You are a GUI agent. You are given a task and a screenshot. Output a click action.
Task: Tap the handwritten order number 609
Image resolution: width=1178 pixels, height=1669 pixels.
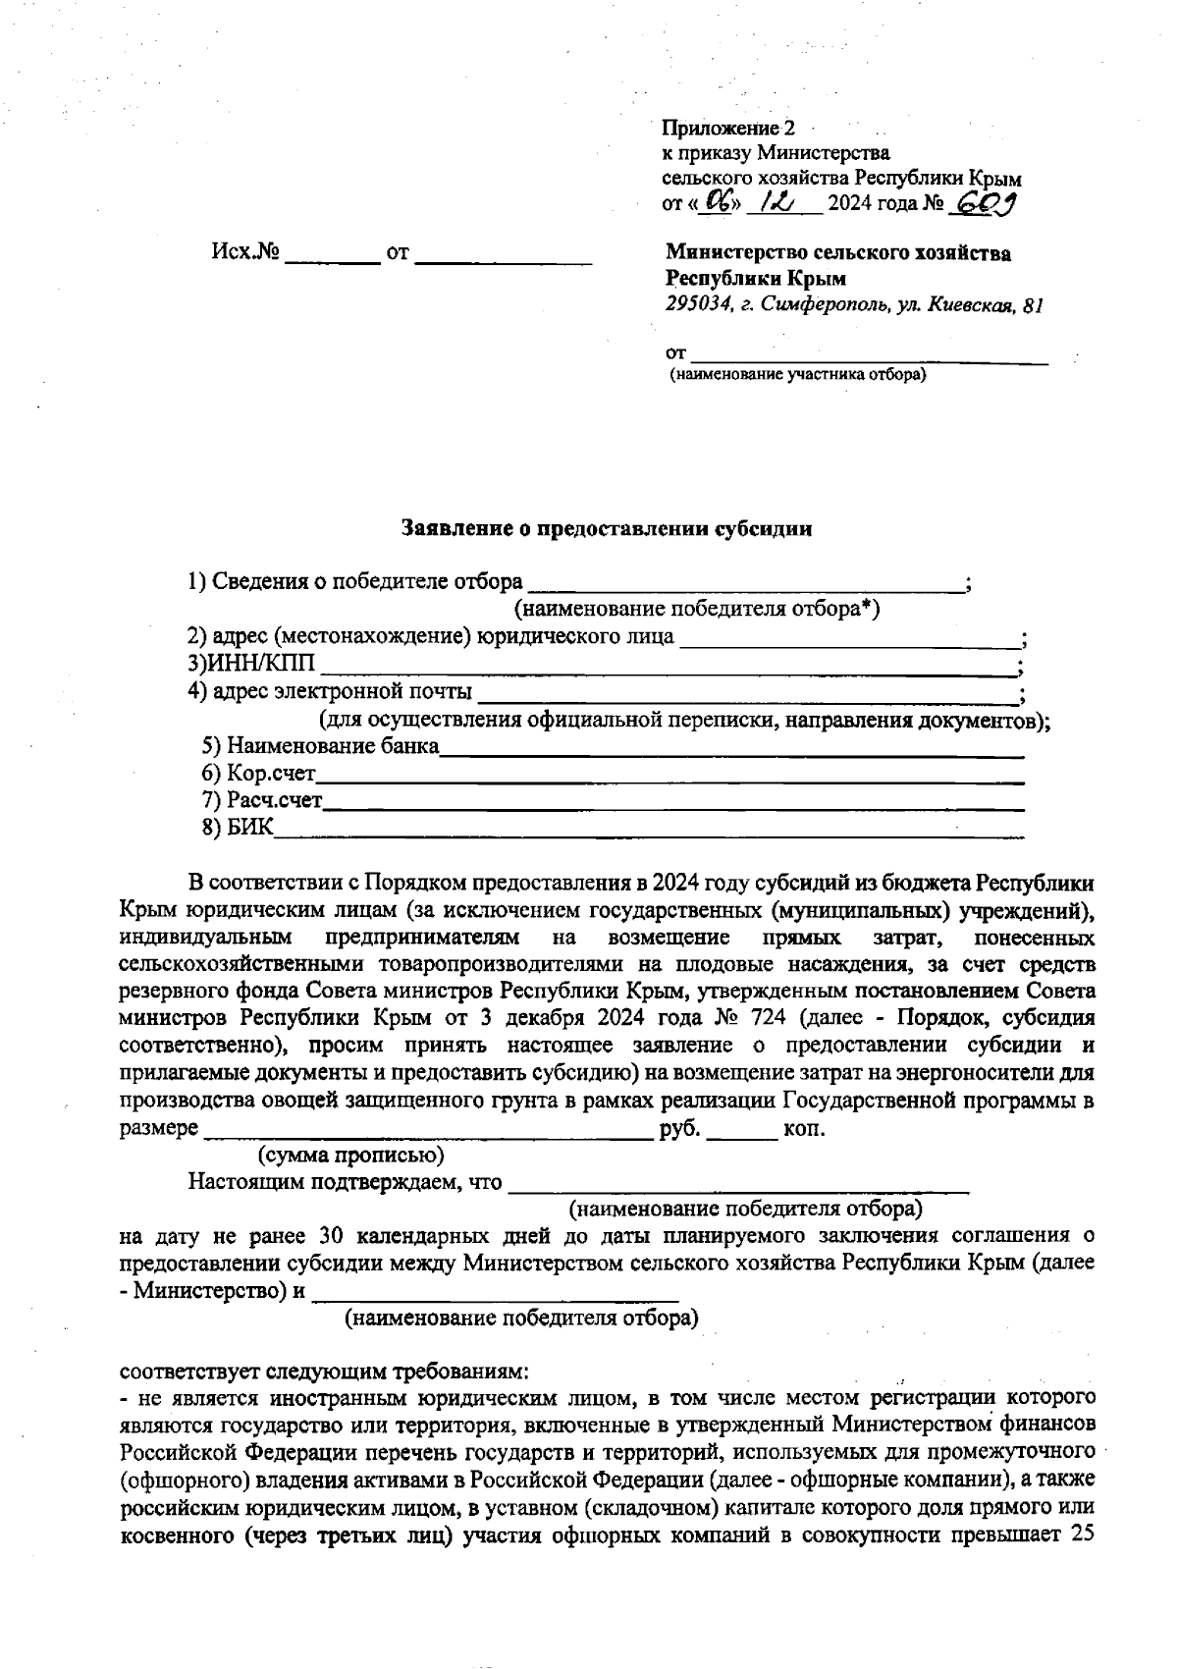tap(985, 203)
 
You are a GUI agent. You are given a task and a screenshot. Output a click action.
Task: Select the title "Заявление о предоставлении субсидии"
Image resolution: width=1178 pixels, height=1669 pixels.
tap(608, 529)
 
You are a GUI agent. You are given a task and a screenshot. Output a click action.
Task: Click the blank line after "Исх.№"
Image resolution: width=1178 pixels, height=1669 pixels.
tap(332, 261)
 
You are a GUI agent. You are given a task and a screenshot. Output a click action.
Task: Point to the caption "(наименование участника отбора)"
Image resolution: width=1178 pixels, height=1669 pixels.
tap(797, 375)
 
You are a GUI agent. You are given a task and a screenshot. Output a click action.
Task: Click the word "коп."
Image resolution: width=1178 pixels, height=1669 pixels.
tap(804, 1129)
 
